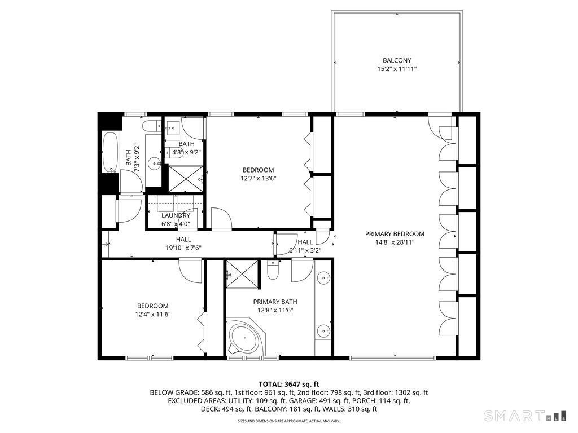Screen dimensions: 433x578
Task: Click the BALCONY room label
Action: pyautogui.click(x=397, y=60)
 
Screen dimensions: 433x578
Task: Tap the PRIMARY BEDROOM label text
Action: pyautogui.click(x=395, y=234)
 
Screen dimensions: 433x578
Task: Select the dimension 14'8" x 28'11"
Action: pyautogui.click(x=395, y=242)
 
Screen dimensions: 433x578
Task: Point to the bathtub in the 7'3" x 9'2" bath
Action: pyautogui.click(x=109, y=153)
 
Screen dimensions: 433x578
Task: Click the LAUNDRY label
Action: pyautogui.click(x=176, y=215)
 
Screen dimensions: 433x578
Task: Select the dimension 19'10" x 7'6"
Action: pyautogui.click(x=183, y=248)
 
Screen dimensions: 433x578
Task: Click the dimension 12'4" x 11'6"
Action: pyautogui.click(x=151, y=315)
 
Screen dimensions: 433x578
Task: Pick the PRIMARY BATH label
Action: pyautogui.click(x=273, y=302)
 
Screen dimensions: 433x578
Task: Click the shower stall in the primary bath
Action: pyautogui.click(x=242, y=275)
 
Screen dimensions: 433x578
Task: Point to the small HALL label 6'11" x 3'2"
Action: pyautogui.click(x=305, y=246)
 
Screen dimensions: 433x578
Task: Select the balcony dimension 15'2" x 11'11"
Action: pyautogui.click(x=397, y=69)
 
